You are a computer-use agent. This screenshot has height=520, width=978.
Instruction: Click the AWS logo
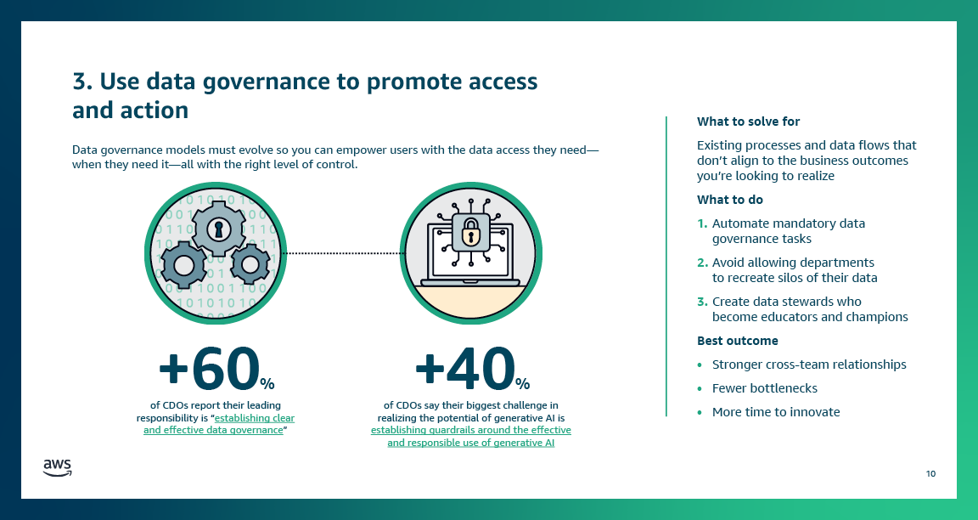point(57,467)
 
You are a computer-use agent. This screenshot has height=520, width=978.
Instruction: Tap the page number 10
point(930,473)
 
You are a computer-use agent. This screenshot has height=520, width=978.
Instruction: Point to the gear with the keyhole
point(218,228)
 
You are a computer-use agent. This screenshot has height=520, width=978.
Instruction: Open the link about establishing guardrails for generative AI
point(470,437)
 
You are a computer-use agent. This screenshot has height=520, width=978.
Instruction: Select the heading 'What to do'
point(729,200)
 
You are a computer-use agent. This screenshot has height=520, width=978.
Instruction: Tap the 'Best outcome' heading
point(737,341)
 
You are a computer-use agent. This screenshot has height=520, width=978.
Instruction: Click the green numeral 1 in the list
point(701,223)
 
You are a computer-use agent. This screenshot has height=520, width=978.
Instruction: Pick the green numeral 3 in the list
point(701,302)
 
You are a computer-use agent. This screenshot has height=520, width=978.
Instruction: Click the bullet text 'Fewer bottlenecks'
point(764,388)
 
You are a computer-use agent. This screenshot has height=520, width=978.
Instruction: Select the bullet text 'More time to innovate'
point(775,412)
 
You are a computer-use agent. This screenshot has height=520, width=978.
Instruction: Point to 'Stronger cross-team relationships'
point(808,365)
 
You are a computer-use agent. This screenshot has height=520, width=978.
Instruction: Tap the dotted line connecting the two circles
point(342,253)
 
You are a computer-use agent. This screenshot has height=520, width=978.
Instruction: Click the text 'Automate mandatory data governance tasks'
point(788,231)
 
